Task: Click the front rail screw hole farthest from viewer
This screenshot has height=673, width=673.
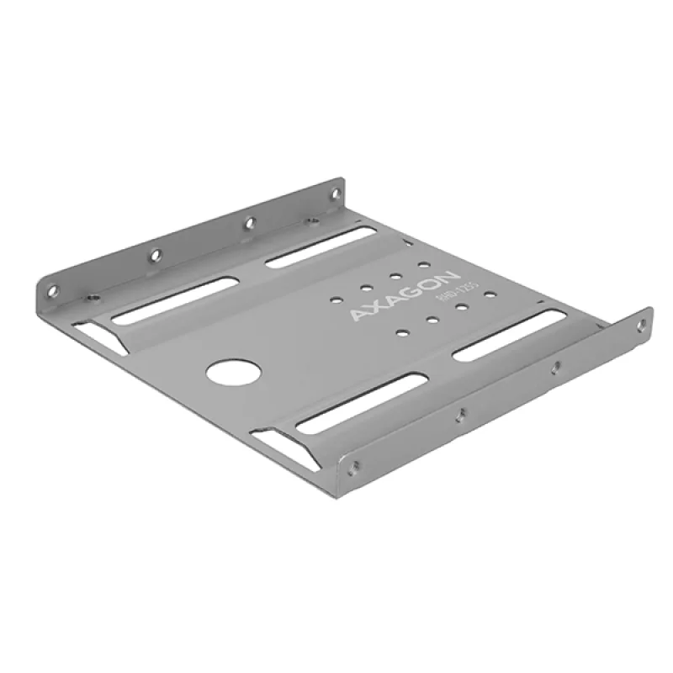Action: click(641, 323)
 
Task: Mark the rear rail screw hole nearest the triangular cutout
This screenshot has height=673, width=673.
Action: click(53, 291)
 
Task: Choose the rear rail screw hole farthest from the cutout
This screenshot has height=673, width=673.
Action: click(335, 195)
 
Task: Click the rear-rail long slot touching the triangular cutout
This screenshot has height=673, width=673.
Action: click(172, 301)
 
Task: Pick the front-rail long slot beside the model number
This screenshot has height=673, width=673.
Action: click(509, 336)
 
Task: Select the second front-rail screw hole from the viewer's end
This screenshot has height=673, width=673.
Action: click(459, 413)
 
